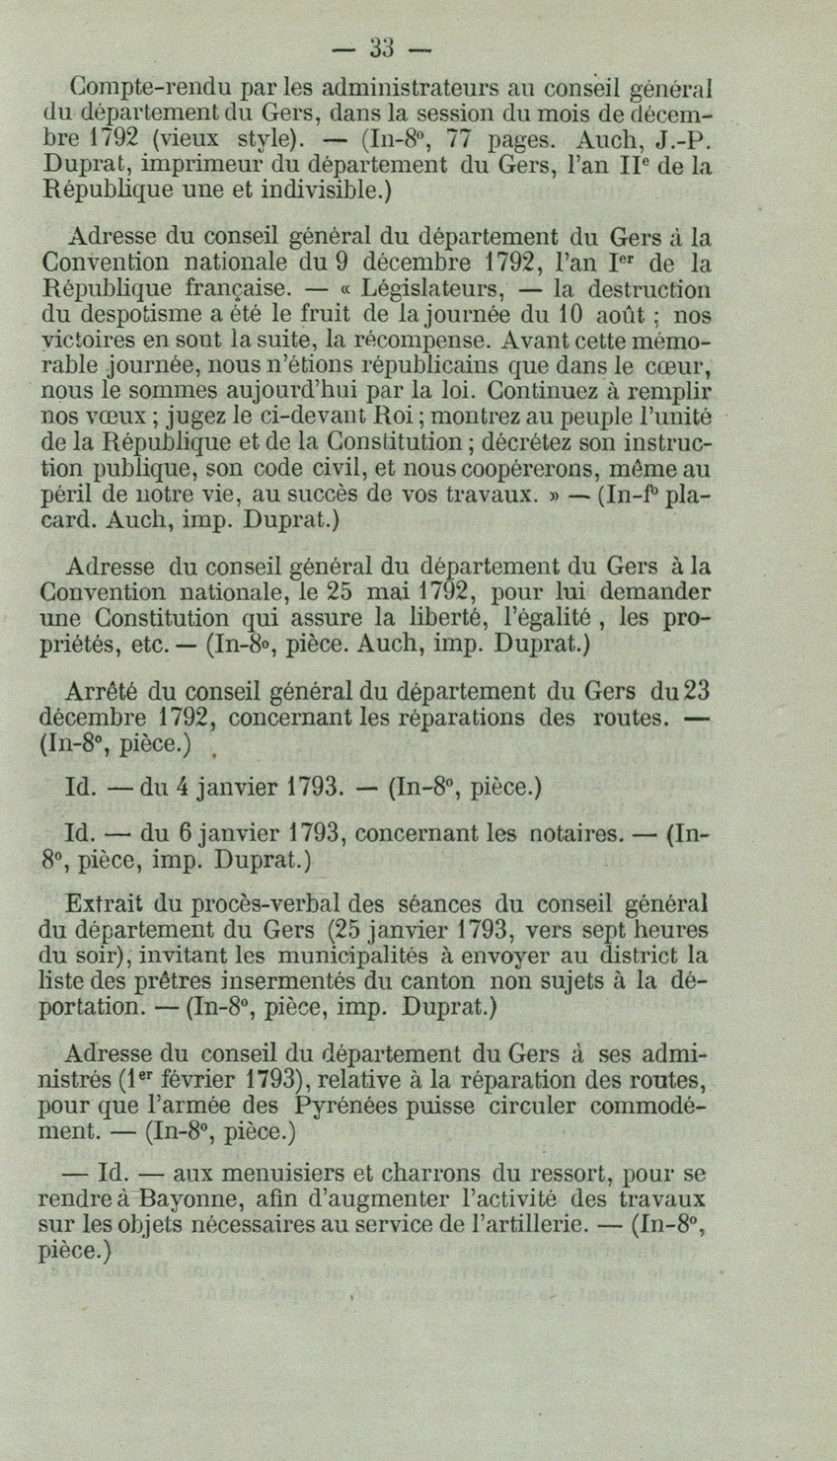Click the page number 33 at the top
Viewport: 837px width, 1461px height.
(381, 46)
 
